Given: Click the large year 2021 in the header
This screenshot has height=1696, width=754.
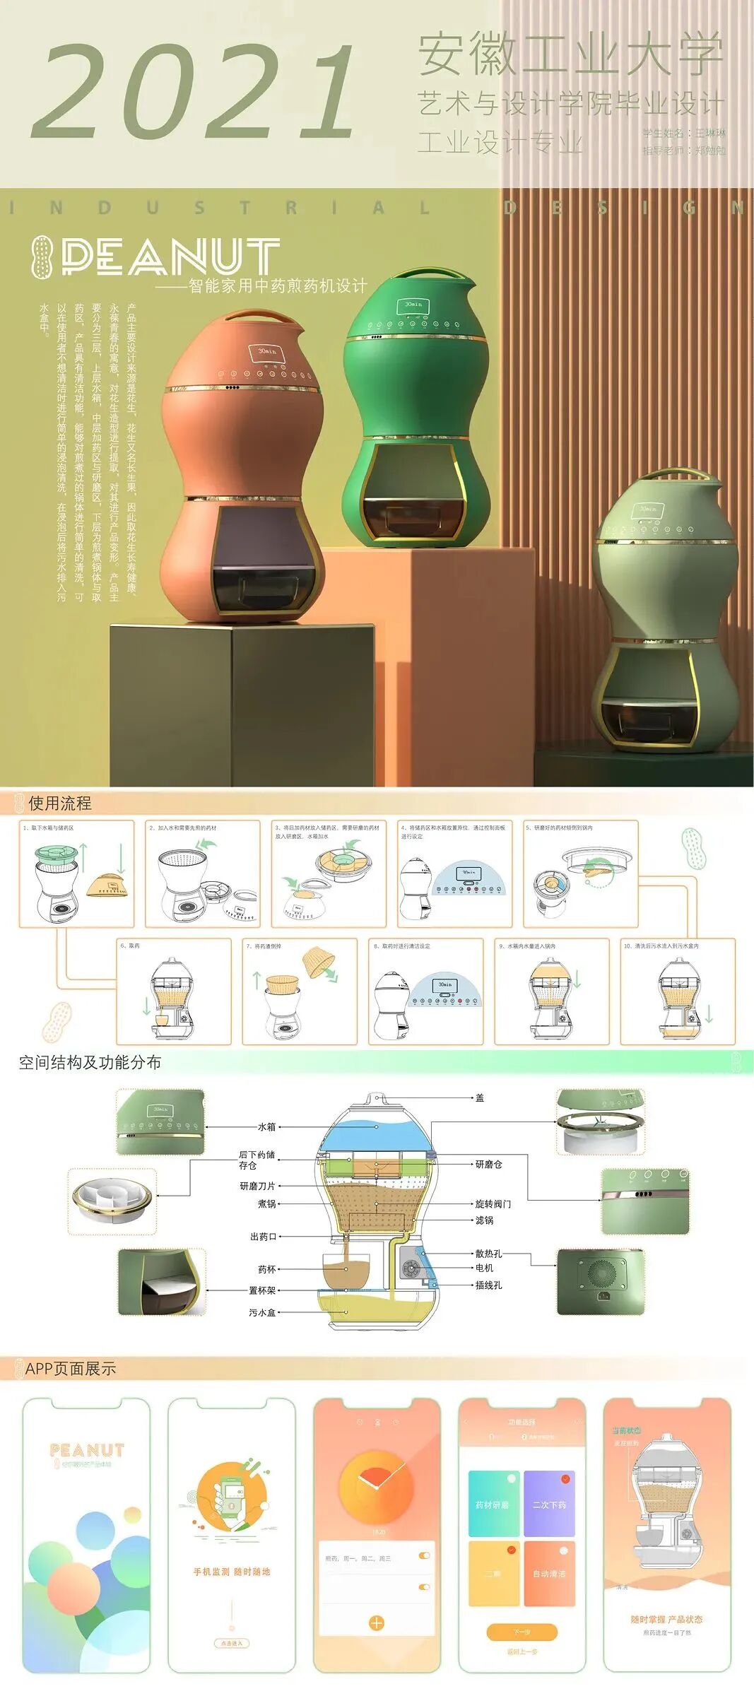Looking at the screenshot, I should coord(192,92).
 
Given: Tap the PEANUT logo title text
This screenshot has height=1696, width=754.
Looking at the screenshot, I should coord(170,256).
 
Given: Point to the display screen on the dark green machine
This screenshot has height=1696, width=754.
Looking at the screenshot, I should coord(413,305).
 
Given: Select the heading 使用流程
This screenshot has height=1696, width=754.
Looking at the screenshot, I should coord(60,803).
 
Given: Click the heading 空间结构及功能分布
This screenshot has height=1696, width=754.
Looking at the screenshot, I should coord(90,1063).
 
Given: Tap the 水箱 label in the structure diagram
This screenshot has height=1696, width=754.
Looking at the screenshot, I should coord(266,1127).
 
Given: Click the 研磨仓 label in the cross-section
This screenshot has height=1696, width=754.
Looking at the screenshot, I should coord(488,1164).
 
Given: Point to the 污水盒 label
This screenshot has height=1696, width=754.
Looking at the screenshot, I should coord(262,1312).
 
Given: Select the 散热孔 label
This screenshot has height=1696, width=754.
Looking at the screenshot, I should coord(488,1254).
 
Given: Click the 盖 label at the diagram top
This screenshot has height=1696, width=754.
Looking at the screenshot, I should coord(480,1098).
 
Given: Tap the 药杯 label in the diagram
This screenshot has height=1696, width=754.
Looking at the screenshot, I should coord(266,1270).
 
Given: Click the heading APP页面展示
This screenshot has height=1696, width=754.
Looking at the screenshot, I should coord(70,1369).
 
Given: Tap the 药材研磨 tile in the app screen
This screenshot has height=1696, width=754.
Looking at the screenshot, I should coord(493,1504).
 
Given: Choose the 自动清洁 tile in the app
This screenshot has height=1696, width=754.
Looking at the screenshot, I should coord(549,1573).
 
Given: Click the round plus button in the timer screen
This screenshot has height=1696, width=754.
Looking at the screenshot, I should coord(377,1623).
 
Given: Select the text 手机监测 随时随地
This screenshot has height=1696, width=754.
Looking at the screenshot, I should coord(232,1572).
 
